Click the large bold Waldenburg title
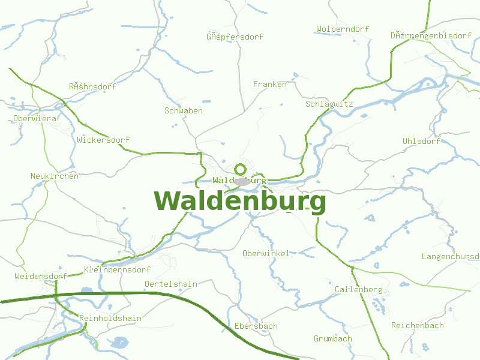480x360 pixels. [240, 202]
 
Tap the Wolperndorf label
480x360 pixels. [343, 29]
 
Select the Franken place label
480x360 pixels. [270, 84]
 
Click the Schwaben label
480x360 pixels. [184, 110]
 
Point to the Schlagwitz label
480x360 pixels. [329, 104]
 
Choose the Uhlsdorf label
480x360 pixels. [421, 141]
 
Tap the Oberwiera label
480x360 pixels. [35, 118]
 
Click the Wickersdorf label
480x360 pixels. [103, 140]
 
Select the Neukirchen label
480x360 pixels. [55, 176]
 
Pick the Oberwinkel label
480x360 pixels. [266, 253]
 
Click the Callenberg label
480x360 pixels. [358, 289]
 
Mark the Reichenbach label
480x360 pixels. [418, 325]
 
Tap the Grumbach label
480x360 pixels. [333, 338]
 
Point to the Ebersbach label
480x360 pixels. [256, 326]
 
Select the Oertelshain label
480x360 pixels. [171, 283]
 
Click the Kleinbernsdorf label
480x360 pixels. [118, 269]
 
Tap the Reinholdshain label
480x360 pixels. [110, 318]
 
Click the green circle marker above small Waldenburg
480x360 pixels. [241, 169]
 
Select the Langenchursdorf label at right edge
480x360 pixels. [451, 256]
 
